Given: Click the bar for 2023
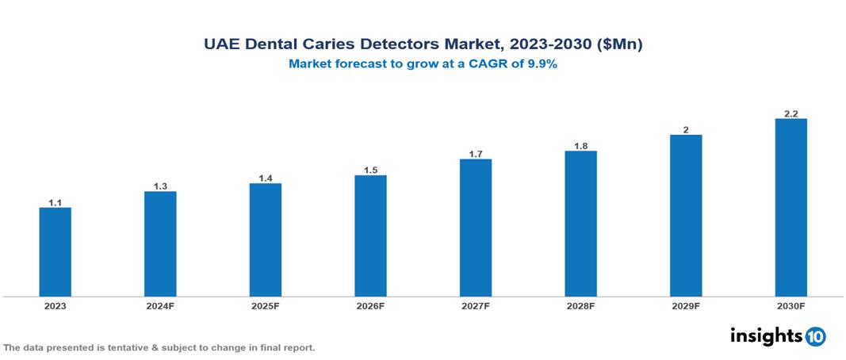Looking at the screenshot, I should pyautogui.click(x=56, y=252).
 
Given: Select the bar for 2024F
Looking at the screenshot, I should pyautogui.click(x=160, y=244).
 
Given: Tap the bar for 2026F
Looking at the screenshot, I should pyautogui.click(x=370, y=236).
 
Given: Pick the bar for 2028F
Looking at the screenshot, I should pyautogui.click(x=580, y=224).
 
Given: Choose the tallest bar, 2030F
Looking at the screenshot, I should pyautogui.click(x=790, y=208).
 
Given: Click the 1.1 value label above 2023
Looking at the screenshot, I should pyautogui.click(x=56, y=203).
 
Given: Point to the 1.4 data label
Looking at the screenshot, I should pyautogui.click(x=266, y=178).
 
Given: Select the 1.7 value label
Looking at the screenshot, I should pyautogui.click(x=476, y=154).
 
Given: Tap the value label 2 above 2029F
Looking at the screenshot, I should pyautogui.click(x=686, y=129).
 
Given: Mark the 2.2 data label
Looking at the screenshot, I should pyautogui.click(x=790, y=113).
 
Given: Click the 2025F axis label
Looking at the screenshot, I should pyautogui.click(x=266, y=306).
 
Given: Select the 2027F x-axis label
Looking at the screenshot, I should pyautogui.click(x=476, y=306).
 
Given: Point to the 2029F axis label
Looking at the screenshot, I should pyautogui.click(x=686, y=306).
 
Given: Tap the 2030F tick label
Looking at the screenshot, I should pyautogui.click(x=790, y=306).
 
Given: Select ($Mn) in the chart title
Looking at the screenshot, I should pyautogui.click(x=618, y=45).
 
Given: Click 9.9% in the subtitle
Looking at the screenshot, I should pyautogui.click(x=542, y=65).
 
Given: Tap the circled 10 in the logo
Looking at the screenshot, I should pyautogui.click(x=815, y=337).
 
